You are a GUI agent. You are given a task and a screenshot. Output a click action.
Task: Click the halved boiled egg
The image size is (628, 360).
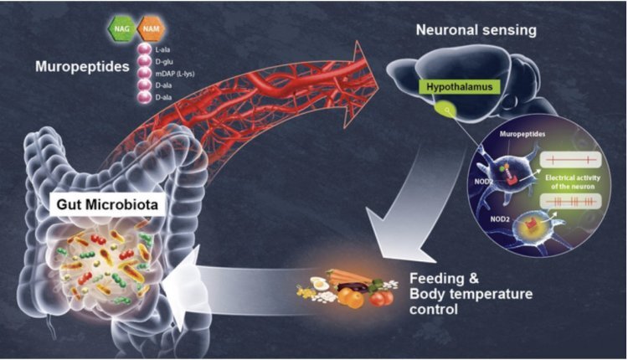319,283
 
